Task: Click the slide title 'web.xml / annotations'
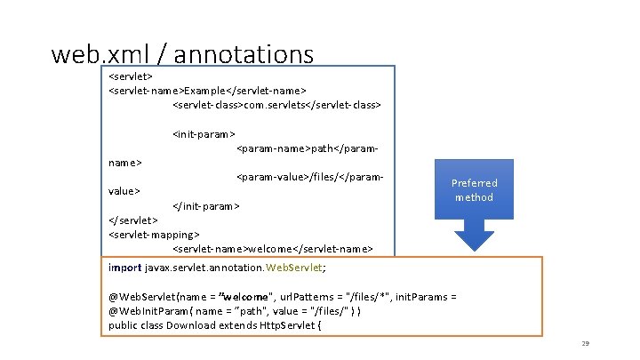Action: (x=182, y=54)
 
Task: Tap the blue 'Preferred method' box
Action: (x=474, y=189)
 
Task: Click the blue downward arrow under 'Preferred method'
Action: (x=474, y=237)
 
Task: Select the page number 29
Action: (x=585, y=344)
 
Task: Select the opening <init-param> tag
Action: (x=204, y=134)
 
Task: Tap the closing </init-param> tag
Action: (x=205, y=205)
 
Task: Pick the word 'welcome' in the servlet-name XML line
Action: (x=269, y=248)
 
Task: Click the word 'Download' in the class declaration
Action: (x=192, y=325)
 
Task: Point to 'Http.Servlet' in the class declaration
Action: (x=284, y=325)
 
